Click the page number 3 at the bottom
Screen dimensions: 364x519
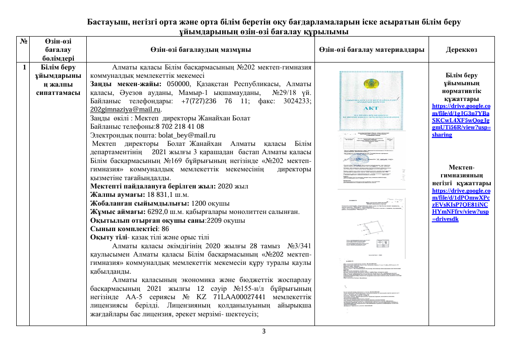click(x=264, y=332)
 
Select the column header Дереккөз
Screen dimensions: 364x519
click(x=461, y=50)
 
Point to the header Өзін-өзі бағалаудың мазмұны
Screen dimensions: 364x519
click(x=200, y=50)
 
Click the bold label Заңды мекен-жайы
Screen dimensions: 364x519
click(x=126, y=83)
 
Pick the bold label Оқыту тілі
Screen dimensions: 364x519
click(x=110, y=237)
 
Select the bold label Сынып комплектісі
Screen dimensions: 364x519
click(x=123, y=229)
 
